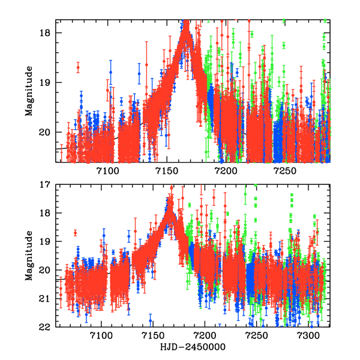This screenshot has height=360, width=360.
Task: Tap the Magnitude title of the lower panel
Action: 29,256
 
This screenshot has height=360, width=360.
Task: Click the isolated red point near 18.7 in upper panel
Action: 77,68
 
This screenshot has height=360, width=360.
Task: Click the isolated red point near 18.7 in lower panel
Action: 75,233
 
